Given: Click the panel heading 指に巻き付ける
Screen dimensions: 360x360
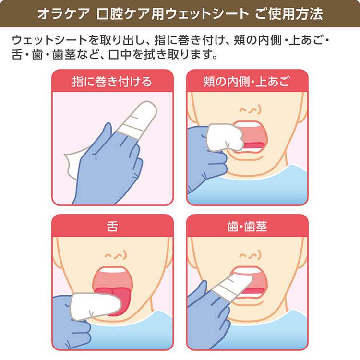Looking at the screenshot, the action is [112, 82].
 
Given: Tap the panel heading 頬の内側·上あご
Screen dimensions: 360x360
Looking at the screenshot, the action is [247, 82].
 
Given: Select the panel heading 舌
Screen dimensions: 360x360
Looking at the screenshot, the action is [112, 227].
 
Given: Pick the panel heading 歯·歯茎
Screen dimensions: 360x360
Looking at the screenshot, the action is [247, 227].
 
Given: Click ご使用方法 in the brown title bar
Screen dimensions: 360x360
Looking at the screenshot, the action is [288, 14].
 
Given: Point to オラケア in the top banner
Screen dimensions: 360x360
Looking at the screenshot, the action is [63, 14].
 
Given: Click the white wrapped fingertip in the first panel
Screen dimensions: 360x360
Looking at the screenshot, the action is [137, 120].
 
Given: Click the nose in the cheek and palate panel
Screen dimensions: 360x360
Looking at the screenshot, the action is [250, 110].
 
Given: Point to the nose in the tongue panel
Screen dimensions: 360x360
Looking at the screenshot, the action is [116, 255].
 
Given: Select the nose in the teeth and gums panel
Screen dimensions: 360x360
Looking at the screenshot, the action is [250, 255].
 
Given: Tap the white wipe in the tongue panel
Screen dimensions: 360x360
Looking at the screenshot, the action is [95, 306].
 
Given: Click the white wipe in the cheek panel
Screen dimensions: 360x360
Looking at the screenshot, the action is [225, 137].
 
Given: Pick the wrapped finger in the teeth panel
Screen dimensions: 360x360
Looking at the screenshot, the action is [232, 287].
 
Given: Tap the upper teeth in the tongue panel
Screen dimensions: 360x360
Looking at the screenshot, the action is [112, 270].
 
